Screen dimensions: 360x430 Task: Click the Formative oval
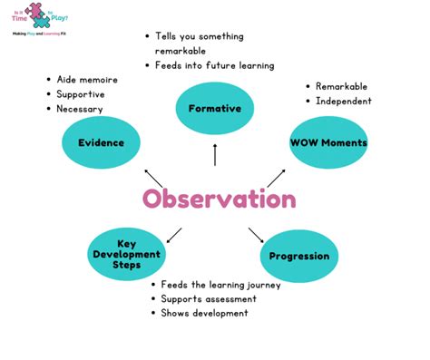(x=214, y=109)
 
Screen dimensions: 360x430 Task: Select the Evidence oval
(x=101, y=142)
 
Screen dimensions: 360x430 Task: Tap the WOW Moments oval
(x=328, y=142)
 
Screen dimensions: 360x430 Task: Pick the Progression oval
(x=298, y=256)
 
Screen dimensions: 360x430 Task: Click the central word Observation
(x=219, y=199)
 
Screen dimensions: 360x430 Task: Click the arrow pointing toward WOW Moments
(x=276, y=178)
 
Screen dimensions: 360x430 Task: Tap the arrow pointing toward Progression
(x=256, y=234)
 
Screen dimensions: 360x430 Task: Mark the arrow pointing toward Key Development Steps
(x=174, y=235)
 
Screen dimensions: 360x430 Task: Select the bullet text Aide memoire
(x=87, y=80)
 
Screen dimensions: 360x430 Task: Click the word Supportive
(x=81, y=94)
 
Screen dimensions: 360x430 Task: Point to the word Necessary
(x=80, y=109)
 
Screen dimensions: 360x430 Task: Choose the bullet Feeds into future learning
(x=214, y=66)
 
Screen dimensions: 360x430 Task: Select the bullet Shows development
(x=204, y=313)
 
